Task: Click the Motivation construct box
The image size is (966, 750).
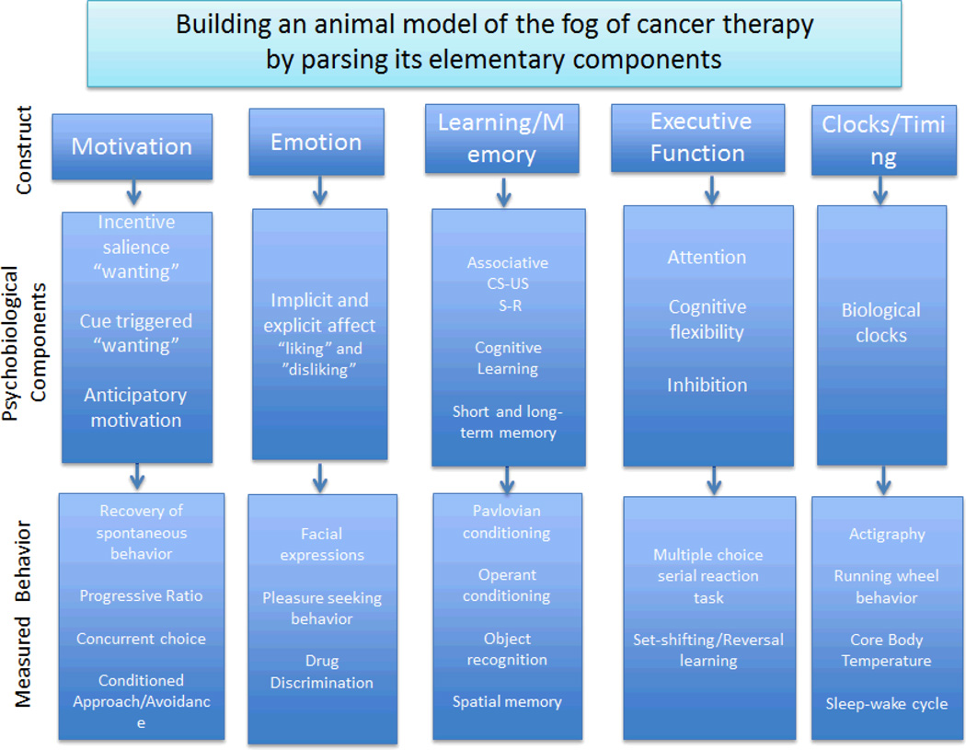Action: (x=132, y=145)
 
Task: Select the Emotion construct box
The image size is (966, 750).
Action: (x=316, y=142)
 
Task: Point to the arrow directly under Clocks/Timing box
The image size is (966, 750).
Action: (x=880, y=190)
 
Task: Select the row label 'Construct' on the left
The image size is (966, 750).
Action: (x=24, y=150)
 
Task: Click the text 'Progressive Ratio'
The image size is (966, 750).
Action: (x=141, y=595)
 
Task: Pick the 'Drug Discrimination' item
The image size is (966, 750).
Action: (x=322, y=672)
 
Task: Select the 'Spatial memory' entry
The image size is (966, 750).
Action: (x=507, y=701)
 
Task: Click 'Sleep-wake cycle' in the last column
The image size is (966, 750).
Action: (x=887, y=704)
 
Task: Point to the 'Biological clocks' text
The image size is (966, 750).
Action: (x=880, y=322)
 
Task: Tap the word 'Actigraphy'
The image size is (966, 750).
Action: (x=887, y=534)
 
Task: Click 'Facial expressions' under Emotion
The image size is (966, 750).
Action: (x=321, y=544)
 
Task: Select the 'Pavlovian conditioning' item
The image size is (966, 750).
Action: (x=507, y=522)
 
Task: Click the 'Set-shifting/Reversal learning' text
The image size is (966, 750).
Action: (x=707, y=650)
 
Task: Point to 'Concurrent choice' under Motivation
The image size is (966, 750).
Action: (x=141, y=639)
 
